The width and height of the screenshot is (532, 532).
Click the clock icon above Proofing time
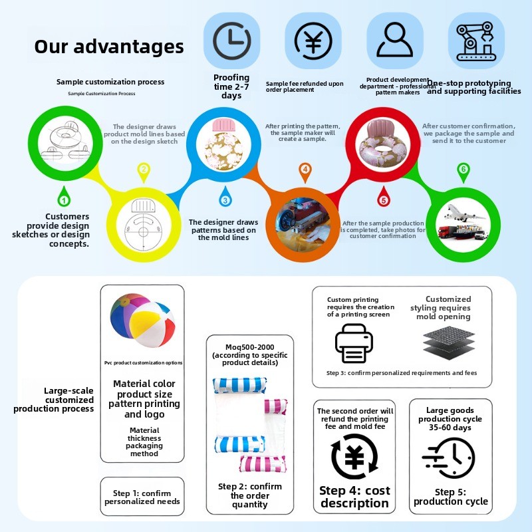pyautogui.click(x=231, y=41)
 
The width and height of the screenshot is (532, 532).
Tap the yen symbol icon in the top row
pyautogui.click(x=313, y=41)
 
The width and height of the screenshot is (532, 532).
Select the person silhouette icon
pyautogui.click(x=394, y=39)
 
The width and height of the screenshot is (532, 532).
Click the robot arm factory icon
pyautogui.click(x=476, y=41)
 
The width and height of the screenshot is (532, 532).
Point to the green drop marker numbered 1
pyautogui.click(x=64, y=197)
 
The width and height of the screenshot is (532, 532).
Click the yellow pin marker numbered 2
pyautogui.click(x=144, y=172)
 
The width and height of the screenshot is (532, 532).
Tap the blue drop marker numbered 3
pyautogui.click(x=225, y=197)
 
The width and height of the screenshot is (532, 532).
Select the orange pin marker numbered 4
pyautogui.click(x=305, y=172)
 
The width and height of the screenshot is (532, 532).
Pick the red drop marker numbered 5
pyautogui.click(x=384, y=197)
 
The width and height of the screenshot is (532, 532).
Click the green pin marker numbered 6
pyautogui.click(x=464, y=172)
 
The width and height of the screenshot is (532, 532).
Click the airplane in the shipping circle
pyautogui.click(x=464, y=213)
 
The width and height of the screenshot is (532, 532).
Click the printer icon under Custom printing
pyautogui.click(x=354, y=343)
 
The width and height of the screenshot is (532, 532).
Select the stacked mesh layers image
pyautogui.click(x=450, y=342)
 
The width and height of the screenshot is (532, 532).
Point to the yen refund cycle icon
pyautogui.click(x=354, y=456)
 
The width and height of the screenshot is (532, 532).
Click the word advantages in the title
pyautogui.click(x=129, y=47)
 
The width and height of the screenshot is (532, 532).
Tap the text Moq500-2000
pyautogui.click(x=250, y=347)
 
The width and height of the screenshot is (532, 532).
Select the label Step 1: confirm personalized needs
pyautogui.click(x=142, y=497)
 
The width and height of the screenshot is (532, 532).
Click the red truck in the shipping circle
pyautogui.click(x=446, y=231)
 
